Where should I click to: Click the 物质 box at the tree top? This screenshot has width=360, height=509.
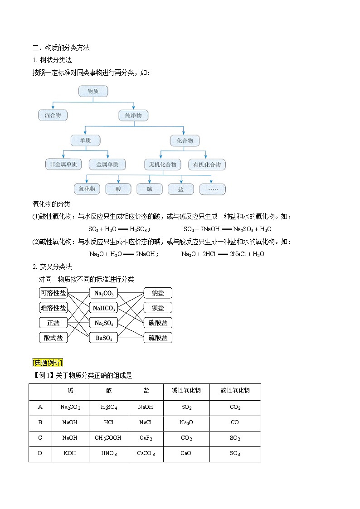[x=93, y=91]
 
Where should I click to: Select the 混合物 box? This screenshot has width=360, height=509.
[x=53, y=115]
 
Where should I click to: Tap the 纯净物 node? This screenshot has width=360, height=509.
[x=133, y=116]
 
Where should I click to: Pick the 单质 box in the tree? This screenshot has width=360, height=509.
[x=85, y=141]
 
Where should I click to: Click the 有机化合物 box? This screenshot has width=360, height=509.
[x=207, y=165]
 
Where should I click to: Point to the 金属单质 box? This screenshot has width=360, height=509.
[x=107, y=165]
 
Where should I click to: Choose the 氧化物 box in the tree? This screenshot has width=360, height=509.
[x=87, y=189]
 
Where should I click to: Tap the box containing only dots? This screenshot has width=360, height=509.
[x=212, y=189]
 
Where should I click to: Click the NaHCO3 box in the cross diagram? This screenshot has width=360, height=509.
[x=103, y=308]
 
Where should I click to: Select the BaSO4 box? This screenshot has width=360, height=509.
[x=103, y=338]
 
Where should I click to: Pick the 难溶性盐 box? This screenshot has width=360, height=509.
[x=53, y=308]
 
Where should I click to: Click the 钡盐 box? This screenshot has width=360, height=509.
[x=158, y=308]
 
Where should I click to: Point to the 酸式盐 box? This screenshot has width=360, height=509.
[x=53, y=338]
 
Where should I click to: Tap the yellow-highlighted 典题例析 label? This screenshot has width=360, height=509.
[x=48, y=362]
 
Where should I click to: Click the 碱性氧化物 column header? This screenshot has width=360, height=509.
[x=186, y=391]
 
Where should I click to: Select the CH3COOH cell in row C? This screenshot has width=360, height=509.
[x=109, y=438]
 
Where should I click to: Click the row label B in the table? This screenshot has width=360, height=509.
[x=40, y=422]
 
